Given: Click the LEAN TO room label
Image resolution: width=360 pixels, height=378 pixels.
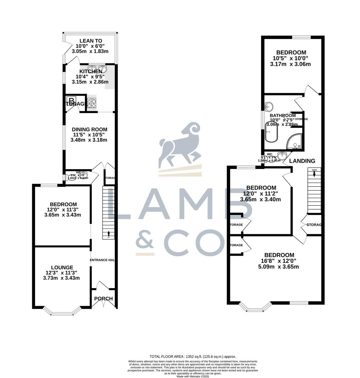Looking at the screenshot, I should tap(91, 41).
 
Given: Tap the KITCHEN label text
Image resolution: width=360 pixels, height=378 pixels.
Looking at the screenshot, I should tap(91, 71).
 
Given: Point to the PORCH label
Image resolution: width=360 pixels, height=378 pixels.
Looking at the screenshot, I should tap(104, 299).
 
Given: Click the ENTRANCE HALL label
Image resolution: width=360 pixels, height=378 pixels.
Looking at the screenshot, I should tap(103, 260).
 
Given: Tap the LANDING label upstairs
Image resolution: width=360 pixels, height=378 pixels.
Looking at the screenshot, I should tap(302, 161).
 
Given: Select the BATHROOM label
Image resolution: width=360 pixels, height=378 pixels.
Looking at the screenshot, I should tap(283, 115).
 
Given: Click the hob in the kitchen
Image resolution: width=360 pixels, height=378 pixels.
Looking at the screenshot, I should tap(92, 103).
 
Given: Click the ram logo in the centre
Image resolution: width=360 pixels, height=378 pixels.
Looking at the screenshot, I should tap(180, 145).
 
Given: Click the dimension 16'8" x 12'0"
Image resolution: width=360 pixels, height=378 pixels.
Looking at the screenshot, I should tap(279, 261).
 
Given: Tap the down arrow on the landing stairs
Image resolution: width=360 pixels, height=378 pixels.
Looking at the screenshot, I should tap(314, 174).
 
